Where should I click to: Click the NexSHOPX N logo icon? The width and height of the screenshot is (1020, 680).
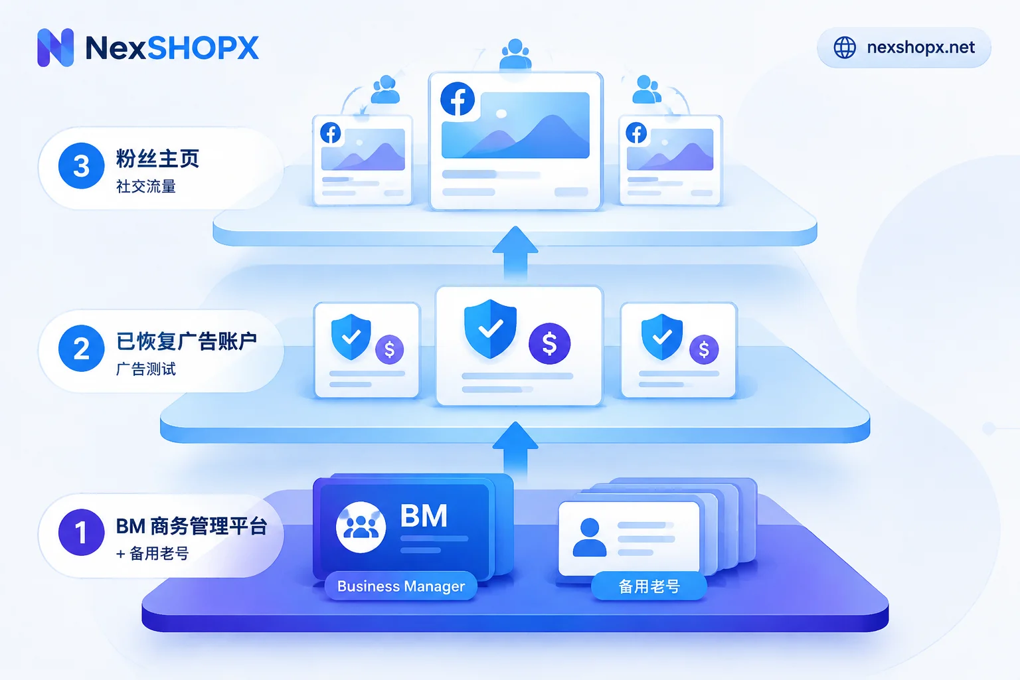56,47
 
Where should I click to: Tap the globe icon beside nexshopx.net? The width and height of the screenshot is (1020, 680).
844,47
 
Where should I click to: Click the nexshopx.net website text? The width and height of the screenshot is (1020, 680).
921,47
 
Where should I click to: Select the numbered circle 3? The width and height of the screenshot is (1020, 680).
82,166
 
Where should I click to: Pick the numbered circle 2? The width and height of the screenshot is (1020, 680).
82,349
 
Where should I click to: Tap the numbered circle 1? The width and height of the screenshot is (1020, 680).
82,532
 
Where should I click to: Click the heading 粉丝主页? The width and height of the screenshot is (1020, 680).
157,159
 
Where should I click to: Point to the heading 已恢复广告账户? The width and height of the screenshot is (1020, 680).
186,341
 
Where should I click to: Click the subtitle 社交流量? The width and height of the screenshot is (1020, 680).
145,187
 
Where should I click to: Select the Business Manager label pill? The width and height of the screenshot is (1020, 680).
400,586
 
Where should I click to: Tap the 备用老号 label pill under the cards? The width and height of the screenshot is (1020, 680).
649,586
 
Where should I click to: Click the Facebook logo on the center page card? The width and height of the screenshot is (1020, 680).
458,99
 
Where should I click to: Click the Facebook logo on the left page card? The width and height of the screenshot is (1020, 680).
331,133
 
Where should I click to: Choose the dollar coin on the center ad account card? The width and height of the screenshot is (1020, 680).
550,343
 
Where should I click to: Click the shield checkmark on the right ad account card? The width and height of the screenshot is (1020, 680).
662,337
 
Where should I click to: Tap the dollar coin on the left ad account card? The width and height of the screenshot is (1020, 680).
389,349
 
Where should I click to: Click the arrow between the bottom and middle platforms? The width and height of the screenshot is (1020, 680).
515,451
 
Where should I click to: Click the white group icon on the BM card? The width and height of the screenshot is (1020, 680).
361,527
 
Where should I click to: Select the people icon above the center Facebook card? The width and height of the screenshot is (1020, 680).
515,54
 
